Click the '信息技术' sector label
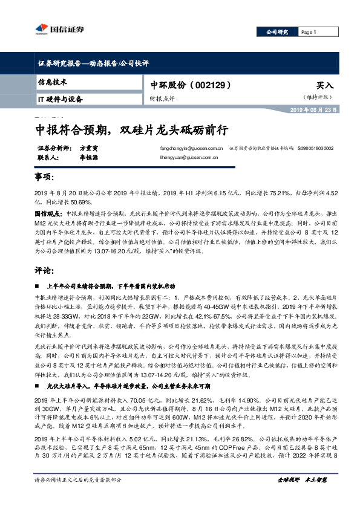pos(53,82)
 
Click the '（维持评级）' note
pos(318,97)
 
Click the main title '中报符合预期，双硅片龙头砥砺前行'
pos(131,129)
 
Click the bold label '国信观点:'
pos(48,214)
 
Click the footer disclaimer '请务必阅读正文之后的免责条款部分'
pos(78,496)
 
